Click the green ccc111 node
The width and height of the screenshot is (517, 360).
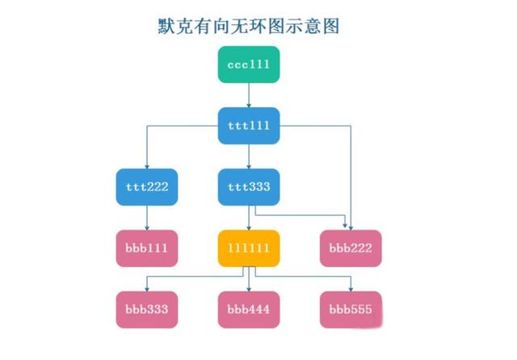tap(249, 65)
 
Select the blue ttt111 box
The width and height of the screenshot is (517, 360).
tap(249, 126)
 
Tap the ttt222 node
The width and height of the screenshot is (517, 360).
tap(147, 187)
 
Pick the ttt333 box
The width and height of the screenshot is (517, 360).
tap(249, 187)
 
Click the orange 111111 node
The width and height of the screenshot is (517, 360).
tap(249, 249)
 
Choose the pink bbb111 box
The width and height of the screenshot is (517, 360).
tap(147, 249)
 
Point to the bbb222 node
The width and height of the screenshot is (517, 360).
tap(351, 249)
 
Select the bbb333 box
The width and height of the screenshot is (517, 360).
tap(147, 310)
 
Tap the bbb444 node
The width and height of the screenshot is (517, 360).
tap(249, 310)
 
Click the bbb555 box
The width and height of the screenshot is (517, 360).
tap(351, 310)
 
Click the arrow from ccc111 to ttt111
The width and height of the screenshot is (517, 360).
tap(249, 95)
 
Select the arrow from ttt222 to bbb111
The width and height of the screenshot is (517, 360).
tap(147, 218)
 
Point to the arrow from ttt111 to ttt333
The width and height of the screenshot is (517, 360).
tap(249, 157)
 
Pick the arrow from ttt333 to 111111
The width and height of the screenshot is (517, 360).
tap(249, 218)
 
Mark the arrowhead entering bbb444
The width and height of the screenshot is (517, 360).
tap(249, 289)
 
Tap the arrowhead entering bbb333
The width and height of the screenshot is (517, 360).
tap(147, 289)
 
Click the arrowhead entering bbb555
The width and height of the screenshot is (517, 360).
tap(351, 289)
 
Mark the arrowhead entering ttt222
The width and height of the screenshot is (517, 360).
tap(147, 166)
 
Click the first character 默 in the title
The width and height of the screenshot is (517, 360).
tap(166, 26)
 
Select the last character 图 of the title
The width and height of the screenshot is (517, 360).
tap(331, 26)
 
